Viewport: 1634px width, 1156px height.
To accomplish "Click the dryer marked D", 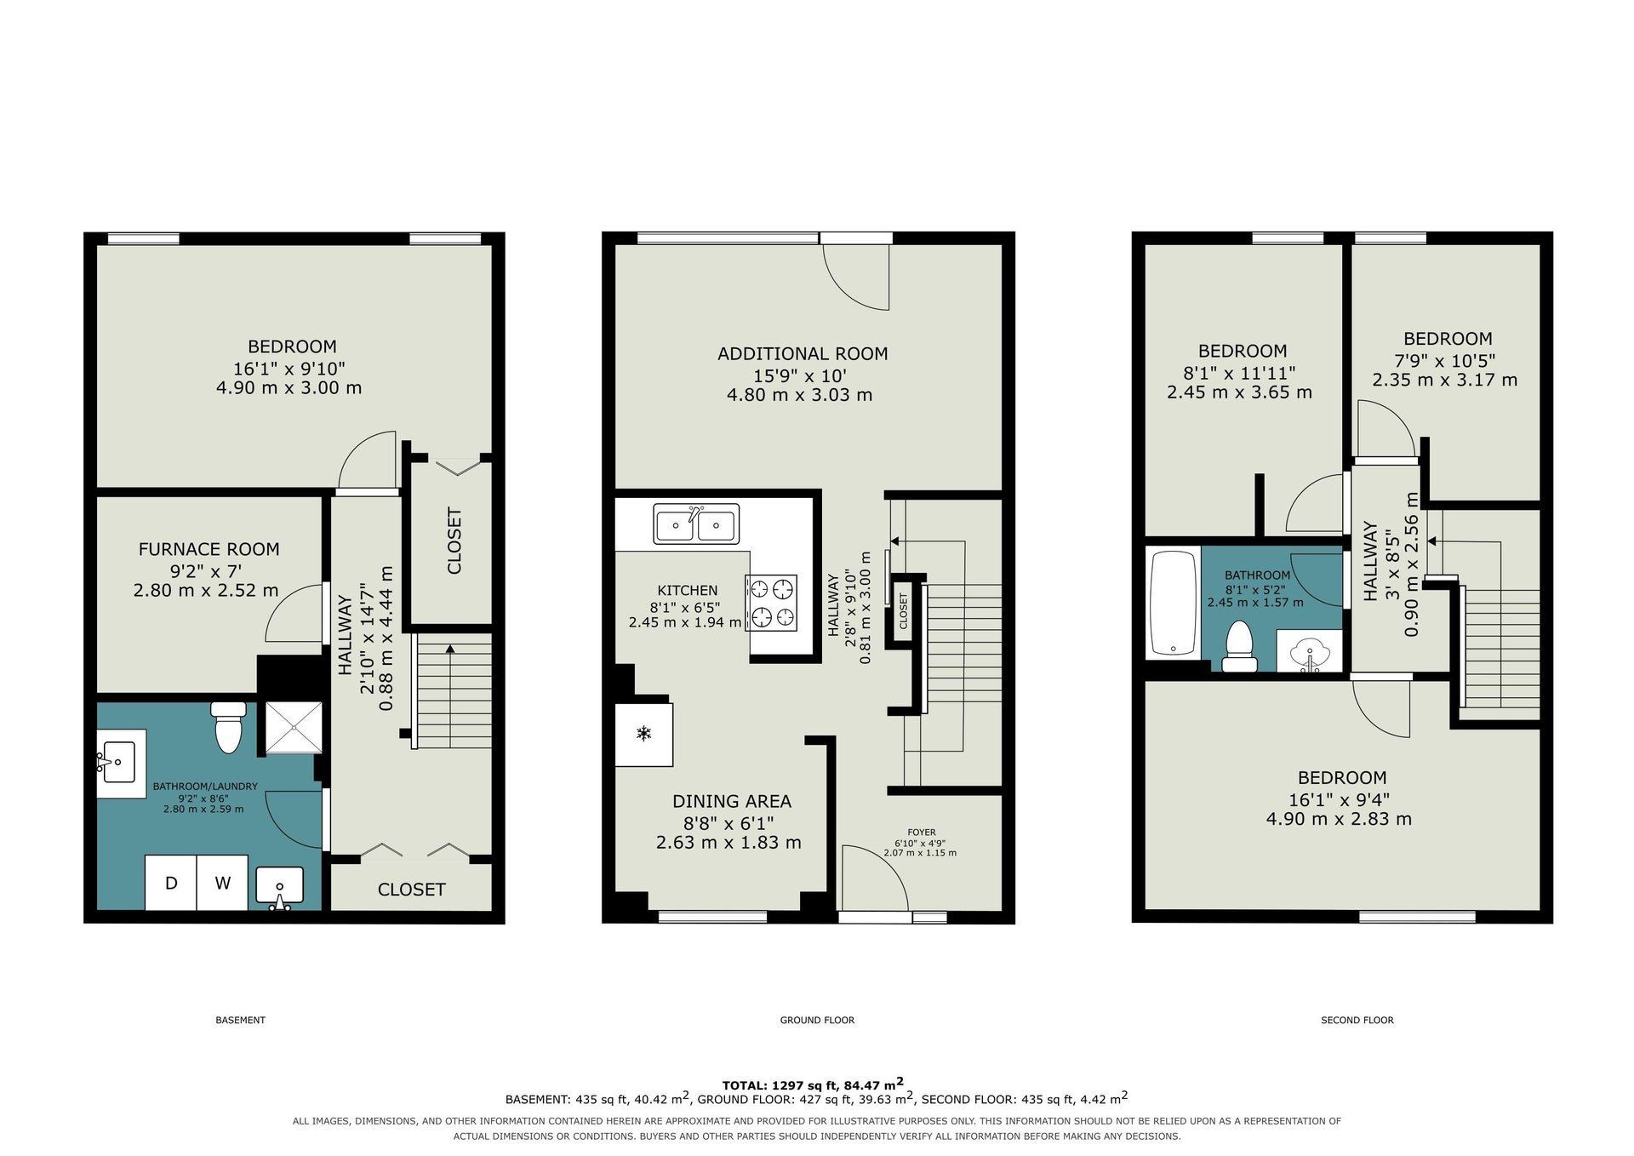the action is click(171, 883).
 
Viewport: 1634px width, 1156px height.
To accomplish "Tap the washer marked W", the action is click(223, 883).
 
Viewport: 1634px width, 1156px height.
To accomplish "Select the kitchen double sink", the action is click(696, 524).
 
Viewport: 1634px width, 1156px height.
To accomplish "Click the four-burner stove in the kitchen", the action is click(772, 603).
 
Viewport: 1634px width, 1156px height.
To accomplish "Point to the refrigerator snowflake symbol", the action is click(644, 733).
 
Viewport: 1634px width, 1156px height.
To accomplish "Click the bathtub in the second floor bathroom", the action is click(1174, 603).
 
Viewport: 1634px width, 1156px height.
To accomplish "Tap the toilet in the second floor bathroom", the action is click(1239, 647).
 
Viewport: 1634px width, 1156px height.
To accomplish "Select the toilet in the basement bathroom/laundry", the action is click(227, 727).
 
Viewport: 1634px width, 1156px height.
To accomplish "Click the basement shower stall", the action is click(294, 728).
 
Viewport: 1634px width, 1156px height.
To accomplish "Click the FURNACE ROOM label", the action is click(209, 549).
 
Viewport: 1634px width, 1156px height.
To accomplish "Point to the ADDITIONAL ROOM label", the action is click(803, 353).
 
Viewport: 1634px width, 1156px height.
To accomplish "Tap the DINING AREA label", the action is click(732, 801).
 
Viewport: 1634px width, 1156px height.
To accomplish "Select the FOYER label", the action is click(922, 833).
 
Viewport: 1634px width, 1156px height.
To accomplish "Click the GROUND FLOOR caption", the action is click(817, 1020).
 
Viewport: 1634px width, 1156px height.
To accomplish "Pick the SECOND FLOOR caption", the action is click(1357, 1020).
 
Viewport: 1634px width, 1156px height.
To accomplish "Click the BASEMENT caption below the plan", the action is click(241, 1020).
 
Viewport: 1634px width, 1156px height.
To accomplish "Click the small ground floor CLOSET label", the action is click(904, 610).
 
